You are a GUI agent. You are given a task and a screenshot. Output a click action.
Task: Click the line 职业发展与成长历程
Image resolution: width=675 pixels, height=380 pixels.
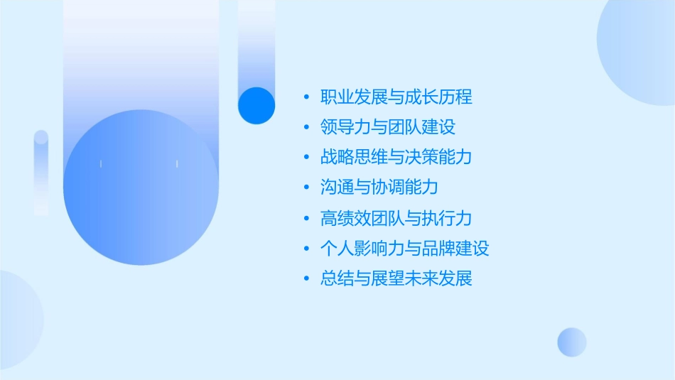tap(396, 97)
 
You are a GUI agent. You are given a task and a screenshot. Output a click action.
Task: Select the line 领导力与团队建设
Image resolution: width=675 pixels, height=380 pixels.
tap(388, 128)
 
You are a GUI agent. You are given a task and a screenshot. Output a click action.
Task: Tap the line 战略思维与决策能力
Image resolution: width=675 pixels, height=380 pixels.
tap(396, 158)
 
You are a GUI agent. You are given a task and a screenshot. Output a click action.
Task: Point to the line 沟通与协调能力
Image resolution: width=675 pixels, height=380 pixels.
tap(379, 188)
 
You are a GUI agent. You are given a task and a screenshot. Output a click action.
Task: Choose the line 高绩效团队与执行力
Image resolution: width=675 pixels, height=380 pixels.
tap(396, 218)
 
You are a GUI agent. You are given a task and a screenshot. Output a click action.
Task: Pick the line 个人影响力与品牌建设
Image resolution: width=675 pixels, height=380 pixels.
tap(405, 249)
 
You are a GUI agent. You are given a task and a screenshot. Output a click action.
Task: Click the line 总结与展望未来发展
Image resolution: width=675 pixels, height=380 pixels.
tap(396, 278)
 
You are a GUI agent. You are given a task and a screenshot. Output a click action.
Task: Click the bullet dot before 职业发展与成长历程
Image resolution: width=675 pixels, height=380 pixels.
tap(306, 97)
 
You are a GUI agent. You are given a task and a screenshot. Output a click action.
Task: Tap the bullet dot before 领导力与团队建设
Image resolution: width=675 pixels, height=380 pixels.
tap(306, 128)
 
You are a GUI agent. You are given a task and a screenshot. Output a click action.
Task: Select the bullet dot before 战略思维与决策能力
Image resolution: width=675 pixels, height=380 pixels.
tap(306, 158)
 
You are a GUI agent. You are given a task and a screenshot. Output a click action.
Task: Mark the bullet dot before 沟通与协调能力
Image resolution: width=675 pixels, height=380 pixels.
tap(306, 188)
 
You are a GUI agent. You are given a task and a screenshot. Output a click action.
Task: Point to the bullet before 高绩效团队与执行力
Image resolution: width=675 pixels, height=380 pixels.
tap(306, 218)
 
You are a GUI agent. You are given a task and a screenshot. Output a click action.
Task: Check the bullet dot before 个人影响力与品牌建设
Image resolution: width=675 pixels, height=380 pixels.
tap(306, 249)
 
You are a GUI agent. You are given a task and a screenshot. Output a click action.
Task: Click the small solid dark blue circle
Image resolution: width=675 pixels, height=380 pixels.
tap(256, 105)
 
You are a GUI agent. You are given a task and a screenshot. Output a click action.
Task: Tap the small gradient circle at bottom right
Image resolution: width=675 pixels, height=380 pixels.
tap(572, 342)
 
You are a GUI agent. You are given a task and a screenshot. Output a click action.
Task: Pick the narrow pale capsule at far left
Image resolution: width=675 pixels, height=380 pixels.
tap(41, 173)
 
